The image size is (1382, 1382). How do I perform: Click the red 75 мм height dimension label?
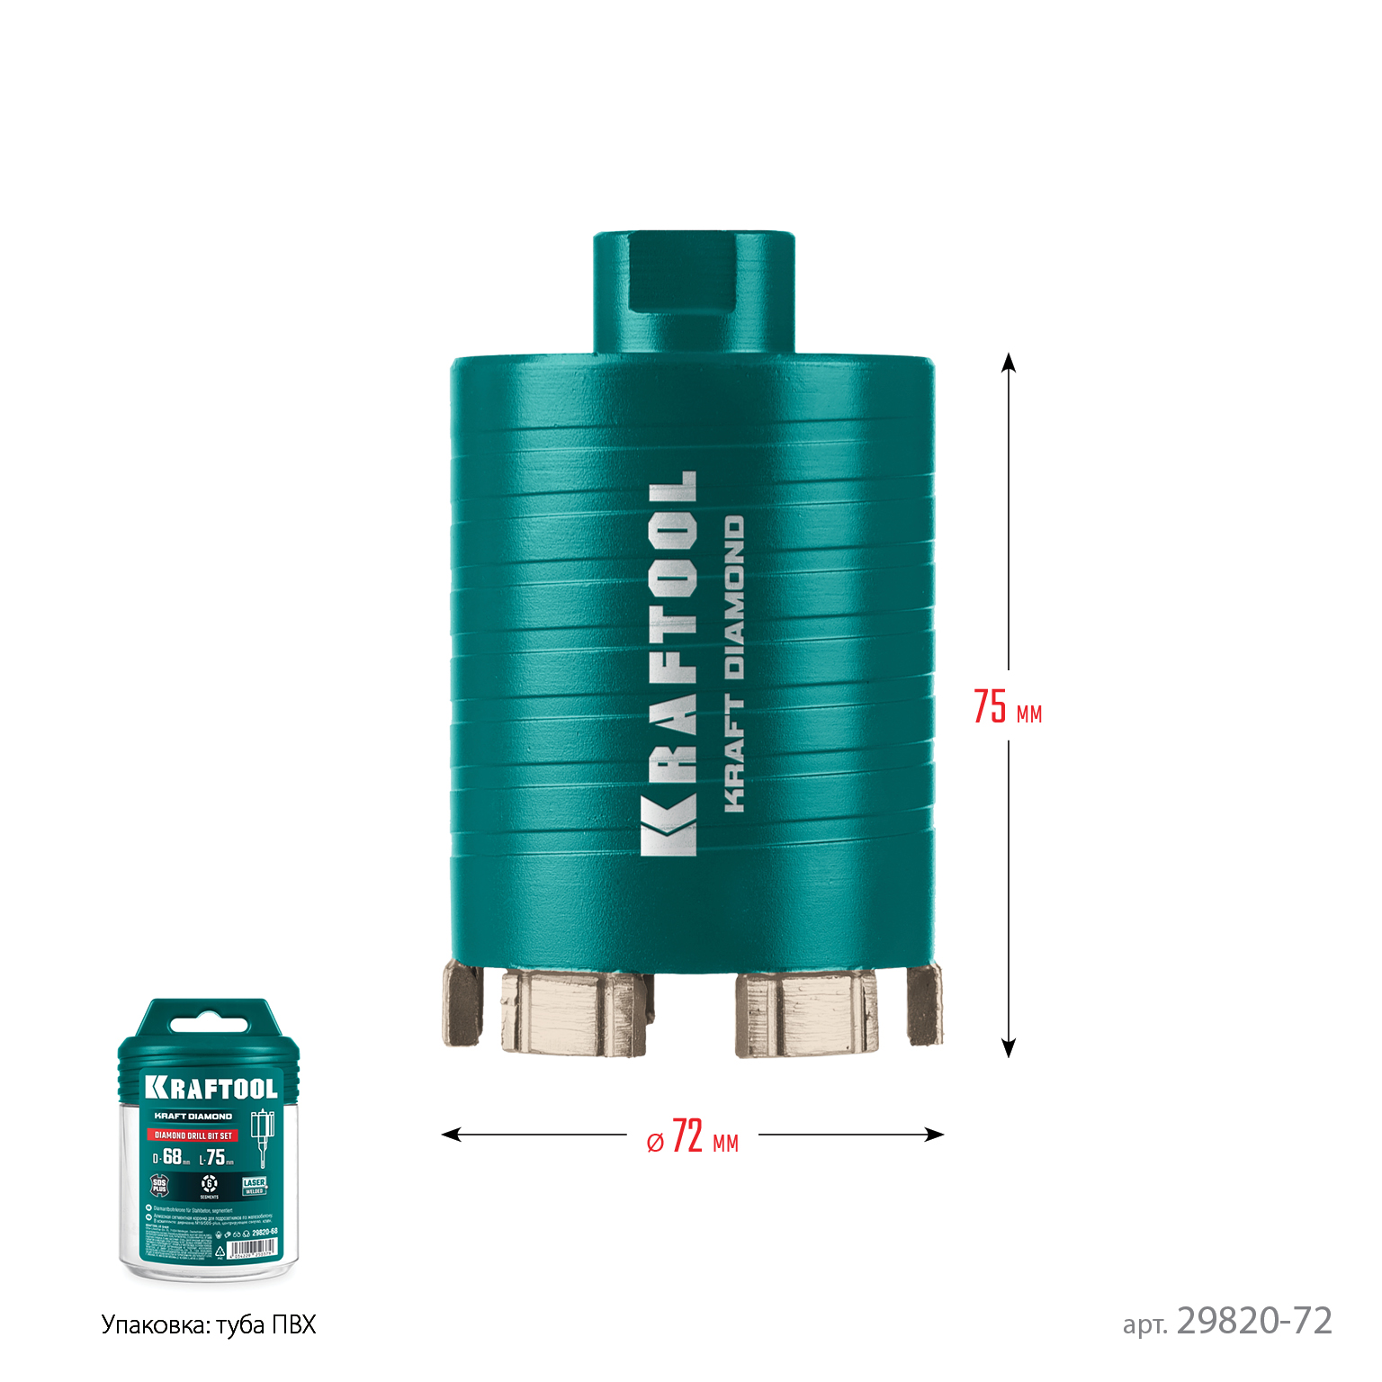point(1007,707)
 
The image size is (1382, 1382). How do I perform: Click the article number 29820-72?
point(1253,1321)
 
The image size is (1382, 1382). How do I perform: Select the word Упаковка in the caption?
point(154,1325)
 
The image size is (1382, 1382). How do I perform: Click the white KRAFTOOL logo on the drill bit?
point(669,663)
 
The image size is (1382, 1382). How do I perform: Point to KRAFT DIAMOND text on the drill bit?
point(734,664)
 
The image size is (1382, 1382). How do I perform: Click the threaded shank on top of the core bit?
point(693,292)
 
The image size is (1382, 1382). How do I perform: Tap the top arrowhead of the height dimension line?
point(1009,362)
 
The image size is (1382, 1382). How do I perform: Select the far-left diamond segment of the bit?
point(461,1004)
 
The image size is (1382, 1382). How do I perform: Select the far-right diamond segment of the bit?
point(925,1004)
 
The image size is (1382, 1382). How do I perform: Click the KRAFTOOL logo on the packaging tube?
point(211,1088)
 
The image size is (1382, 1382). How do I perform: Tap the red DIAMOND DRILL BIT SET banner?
point(193,1135)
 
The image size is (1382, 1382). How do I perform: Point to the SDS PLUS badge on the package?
point(159,1186)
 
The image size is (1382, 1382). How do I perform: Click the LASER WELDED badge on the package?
point(255,1186)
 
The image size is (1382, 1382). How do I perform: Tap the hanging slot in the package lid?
point(209,1025)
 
